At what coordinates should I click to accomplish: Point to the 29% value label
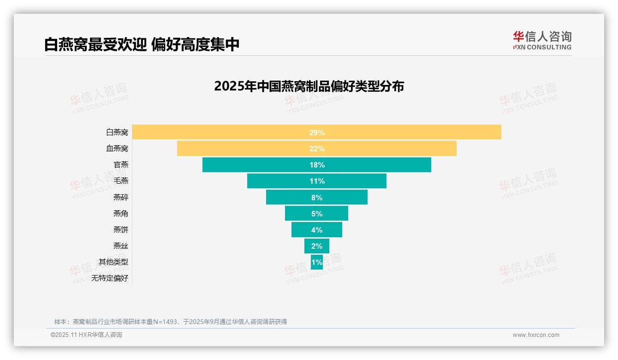(x=317, y=132)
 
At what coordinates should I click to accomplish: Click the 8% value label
(x=317, y=198)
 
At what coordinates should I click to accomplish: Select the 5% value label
(x=317, y=214)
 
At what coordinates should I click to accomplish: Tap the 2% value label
(x=317, y=246)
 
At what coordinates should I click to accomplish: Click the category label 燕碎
(x=121, y=198)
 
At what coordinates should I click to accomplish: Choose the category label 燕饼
(x=121, y=230)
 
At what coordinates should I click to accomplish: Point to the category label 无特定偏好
(x=110, y=278)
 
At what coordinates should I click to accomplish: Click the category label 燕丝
(x=121, y=246)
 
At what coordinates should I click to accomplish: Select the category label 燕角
(x=121, y=214)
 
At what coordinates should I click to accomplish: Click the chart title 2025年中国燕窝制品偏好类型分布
(x=309, y=86)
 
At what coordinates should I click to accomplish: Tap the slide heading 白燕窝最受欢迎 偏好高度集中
(x=142, y=44)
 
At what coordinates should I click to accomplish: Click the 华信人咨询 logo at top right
(x=542, y=40)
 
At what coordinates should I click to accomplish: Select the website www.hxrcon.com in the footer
(x=536, y=335)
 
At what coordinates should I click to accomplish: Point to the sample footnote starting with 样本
(x=171, y=322)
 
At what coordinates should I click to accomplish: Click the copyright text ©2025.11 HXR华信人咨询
(x=86, y=335)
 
